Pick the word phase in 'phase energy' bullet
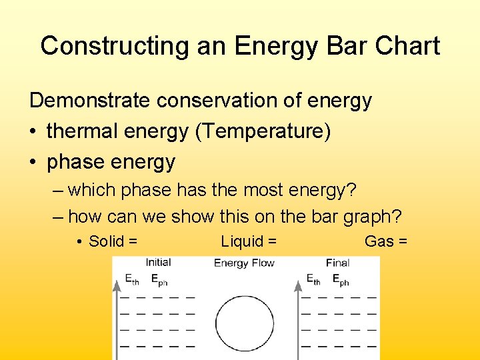tap(73, 162)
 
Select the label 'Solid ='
tap(113, 241)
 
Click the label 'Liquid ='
tap(249, 241)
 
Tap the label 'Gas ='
tap(386, 241)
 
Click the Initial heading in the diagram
tap(158, 263)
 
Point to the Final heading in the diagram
tap(338, 263)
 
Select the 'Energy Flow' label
tap(244, 263)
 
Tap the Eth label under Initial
tap(132, 280)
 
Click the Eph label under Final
tap(340, 280)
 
